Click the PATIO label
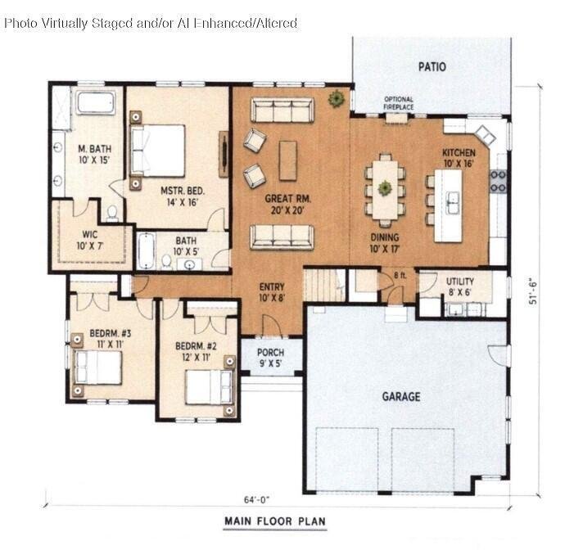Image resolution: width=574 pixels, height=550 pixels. tap(432, 66)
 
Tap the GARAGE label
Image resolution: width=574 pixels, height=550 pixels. tap(401, 396)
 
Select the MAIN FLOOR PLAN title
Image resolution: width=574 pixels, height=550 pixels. tap(275, 521)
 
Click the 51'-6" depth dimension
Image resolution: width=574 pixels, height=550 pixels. tap(533, 291)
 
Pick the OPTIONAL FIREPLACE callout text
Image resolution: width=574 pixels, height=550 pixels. tap(399, 103)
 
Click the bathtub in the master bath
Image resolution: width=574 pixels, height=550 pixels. tap(96, 103)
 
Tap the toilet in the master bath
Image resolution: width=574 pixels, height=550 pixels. tap(112, 214)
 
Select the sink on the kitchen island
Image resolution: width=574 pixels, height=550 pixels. tap(453, 202)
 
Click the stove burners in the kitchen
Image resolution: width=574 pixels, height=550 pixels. tap(498, 181)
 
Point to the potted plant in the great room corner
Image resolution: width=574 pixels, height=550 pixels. tap(336, 98)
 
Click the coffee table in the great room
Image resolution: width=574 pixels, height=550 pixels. tap(287, 160)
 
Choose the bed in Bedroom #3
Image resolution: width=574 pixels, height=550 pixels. tap(97, 367)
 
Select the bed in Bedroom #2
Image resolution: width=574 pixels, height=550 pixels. tap(209, 387)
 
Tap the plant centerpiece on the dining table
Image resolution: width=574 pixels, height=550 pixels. tap(385, 188)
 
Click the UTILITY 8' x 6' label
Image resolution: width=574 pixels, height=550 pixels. tap(460, 286)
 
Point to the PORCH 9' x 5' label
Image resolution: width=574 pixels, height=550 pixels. tap(270, 358)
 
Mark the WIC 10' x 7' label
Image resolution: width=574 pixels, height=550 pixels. tap(90, 240)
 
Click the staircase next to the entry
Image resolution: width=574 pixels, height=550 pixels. tap(325, 286)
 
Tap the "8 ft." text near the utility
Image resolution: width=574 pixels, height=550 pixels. tap(400, 275)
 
